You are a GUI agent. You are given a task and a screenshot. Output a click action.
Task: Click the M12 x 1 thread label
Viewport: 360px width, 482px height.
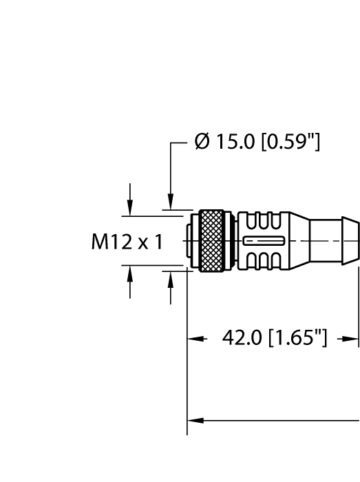coord(127,242)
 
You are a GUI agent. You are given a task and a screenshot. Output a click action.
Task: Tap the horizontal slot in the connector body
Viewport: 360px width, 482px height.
coord(262,240)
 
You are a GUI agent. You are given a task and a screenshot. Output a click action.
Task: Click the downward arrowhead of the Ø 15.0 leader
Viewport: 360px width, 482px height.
coord(170,202)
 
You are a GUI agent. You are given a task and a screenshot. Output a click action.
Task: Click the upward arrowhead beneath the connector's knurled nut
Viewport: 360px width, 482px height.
coord(170,278)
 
